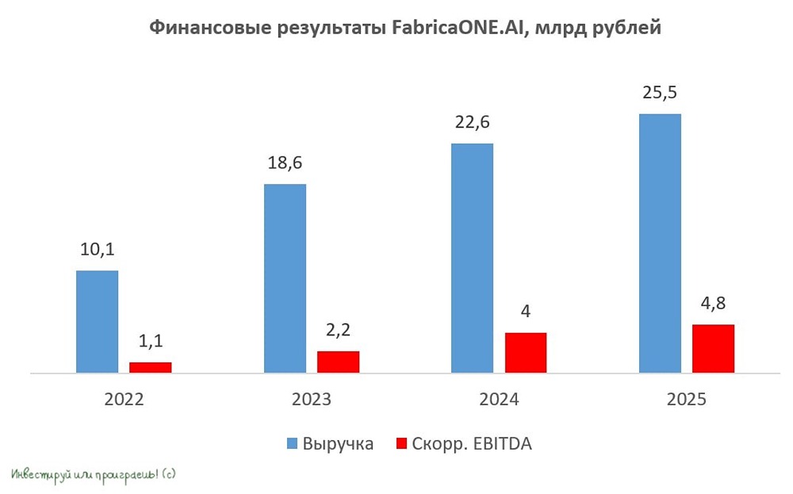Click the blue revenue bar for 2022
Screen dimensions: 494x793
97,321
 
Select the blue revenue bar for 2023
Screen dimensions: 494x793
285,278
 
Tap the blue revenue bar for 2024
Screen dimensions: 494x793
472,258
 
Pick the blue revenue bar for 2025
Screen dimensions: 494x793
660,243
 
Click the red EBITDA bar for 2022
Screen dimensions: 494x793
151,367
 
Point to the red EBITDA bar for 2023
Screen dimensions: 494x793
338,362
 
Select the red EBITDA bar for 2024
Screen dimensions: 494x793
526,352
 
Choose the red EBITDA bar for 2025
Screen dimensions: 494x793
713,348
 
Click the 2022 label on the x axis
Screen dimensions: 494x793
124,400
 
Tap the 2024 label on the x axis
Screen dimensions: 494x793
499,400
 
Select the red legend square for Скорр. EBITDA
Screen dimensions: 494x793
400,444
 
